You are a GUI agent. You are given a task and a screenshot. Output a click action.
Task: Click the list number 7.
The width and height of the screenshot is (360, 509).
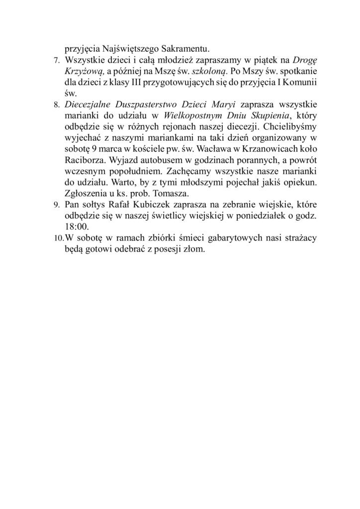click(55, 61)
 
